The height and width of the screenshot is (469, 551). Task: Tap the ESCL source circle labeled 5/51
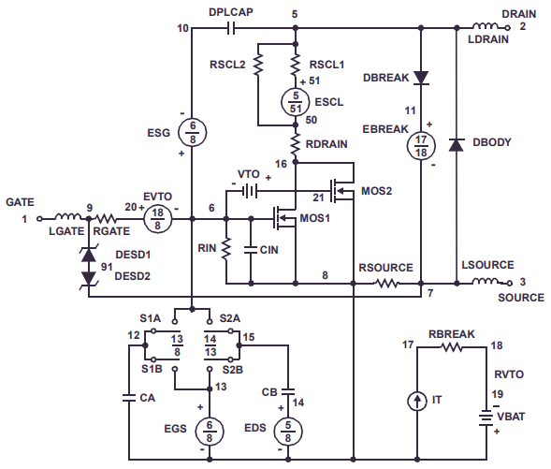pos(296,100)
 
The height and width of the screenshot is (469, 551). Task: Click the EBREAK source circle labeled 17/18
pos(421,145)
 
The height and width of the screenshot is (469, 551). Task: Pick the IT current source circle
pos(414,401)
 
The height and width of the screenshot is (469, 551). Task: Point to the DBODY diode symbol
pos(456,144)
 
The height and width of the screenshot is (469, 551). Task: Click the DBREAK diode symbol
pos(421,78)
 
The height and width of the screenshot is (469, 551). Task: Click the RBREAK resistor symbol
pos(450,346)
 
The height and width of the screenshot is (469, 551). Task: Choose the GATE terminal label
pos(20,201)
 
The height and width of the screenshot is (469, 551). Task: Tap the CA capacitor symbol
pos(129,398)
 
